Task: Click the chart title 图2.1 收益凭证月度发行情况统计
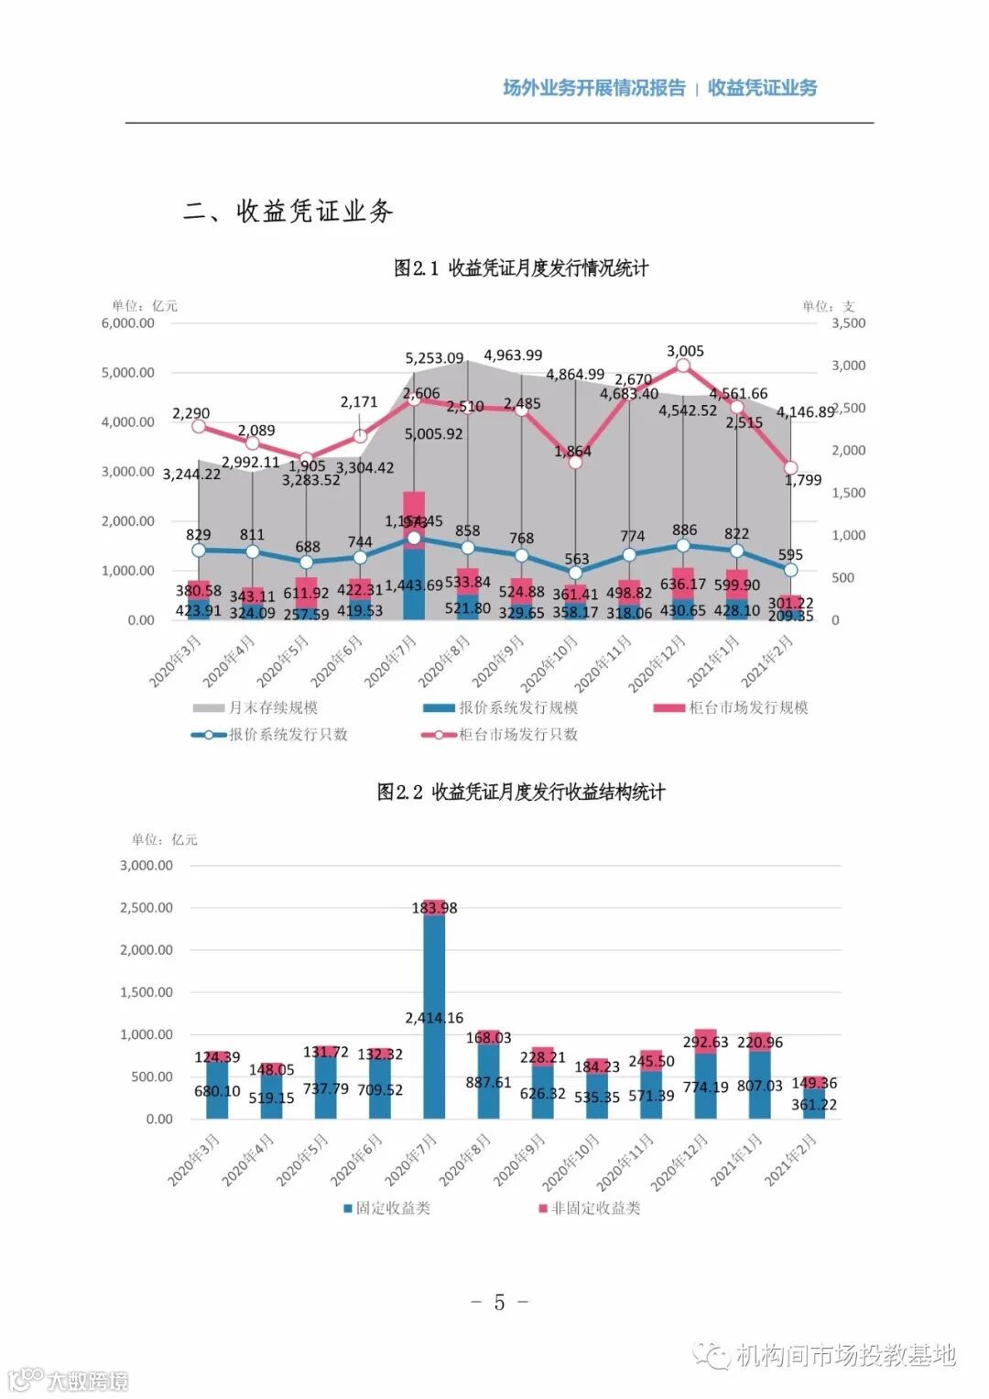coord(521,268)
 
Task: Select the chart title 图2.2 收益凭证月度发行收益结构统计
coord(521,792)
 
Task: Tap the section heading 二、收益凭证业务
coord(288,212)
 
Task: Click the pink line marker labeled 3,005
coord(683,366)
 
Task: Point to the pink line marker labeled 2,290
coord(199,426)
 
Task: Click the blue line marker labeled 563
coord(575,573)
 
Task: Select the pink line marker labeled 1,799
coord(790,468)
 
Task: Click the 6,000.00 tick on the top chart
coord(128,323)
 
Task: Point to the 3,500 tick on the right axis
coord(848,323)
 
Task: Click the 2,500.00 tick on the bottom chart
coord(147,908)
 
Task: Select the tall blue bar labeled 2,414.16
coord(434,1054)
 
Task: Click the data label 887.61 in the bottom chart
coord(488,1082)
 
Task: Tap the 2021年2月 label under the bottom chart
coord(791,1159)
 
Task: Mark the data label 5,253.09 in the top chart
coord(435,358)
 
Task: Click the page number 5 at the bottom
coord(499,1302)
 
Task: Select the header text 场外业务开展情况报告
coord(593,88)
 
